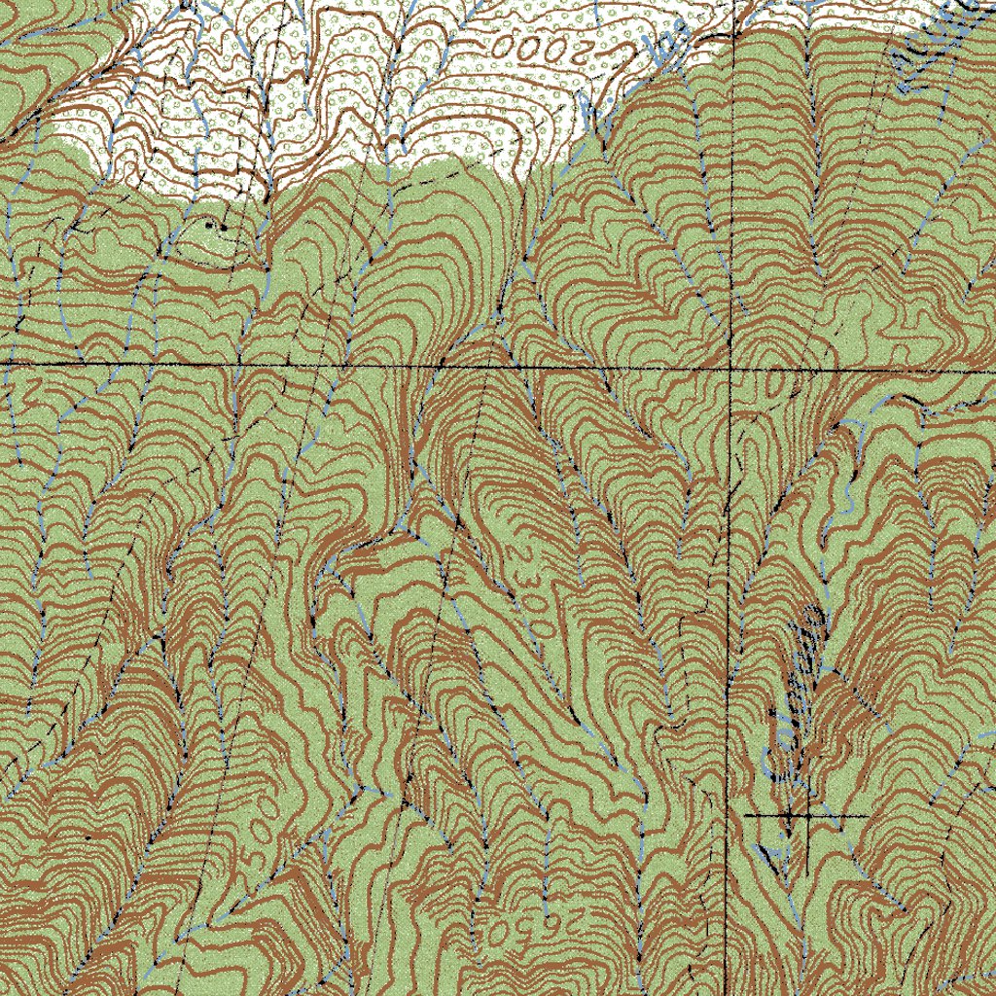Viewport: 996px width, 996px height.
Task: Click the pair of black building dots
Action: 216,226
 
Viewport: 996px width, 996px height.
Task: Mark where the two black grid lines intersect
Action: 730,370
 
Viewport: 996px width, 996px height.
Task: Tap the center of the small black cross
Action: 806,815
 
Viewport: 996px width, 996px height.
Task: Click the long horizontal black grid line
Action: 292,365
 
